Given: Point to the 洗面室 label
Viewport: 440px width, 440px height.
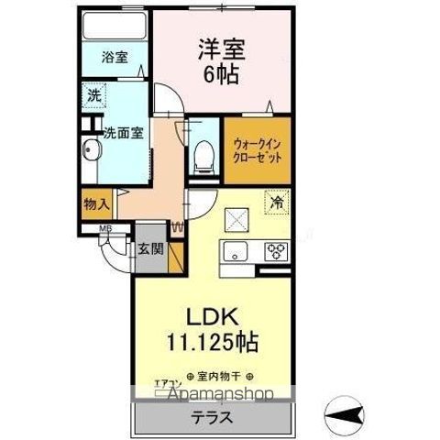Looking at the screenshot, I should click(120, 129).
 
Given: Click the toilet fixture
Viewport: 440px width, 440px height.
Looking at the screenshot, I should click(203, 154).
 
